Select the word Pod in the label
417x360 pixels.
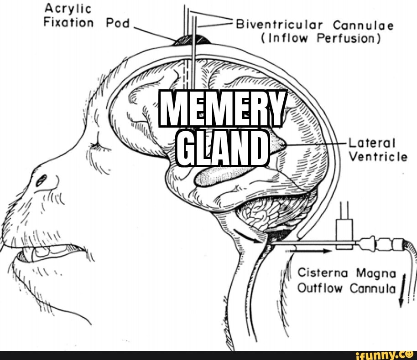pyautogui.click(x=118, y=22)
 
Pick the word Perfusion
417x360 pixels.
pyautogui.click(x=352, y=38)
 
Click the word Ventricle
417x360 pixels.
pyautogui.click(x=378, y=157)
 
